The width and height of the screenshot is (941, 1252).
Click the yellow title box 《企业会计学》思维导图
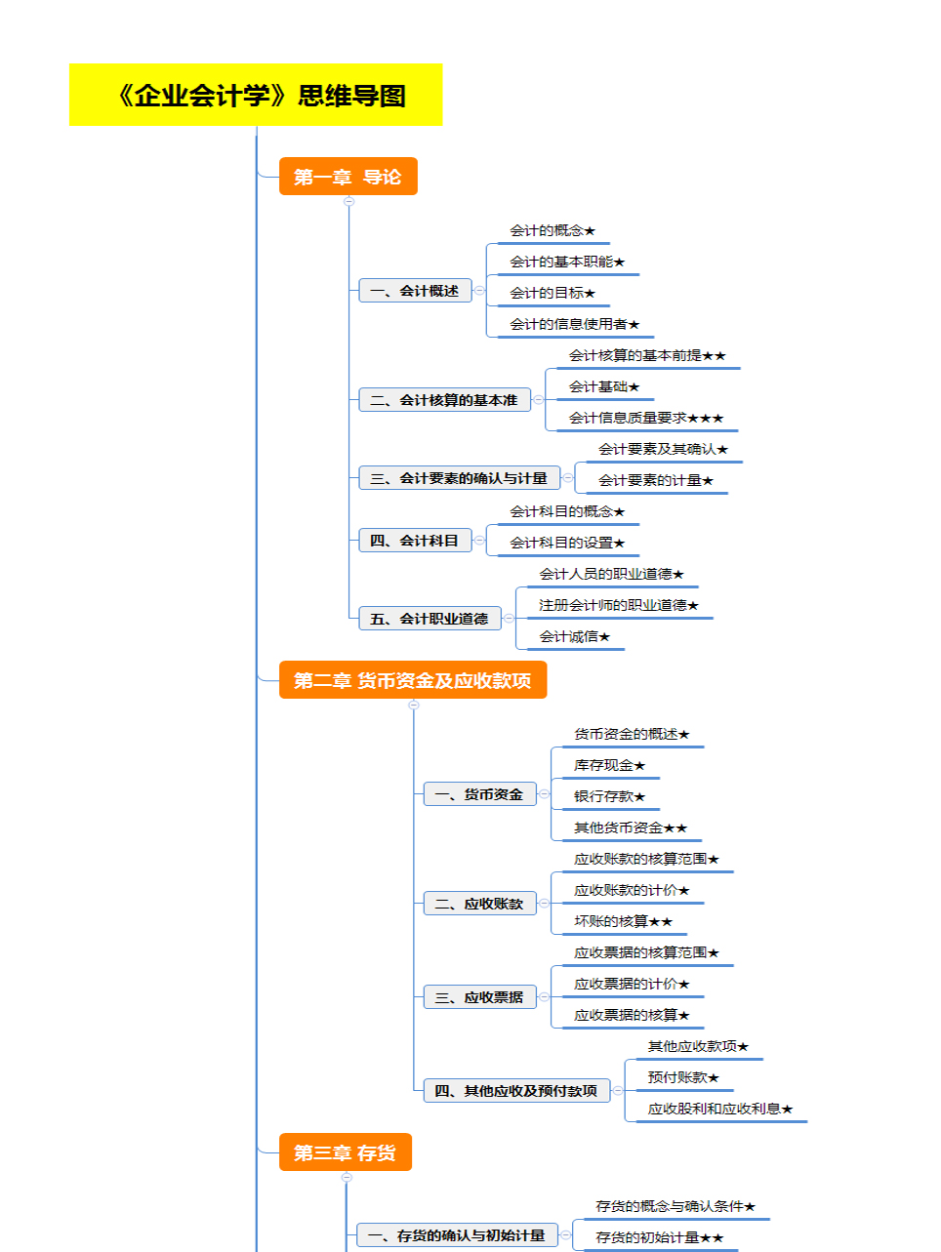click(256, 95)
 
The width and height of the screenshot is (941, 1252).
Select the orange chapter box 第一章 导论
click(348, 177)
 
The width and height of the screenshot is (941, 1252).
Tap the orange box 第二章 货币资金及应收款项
click(413, 680)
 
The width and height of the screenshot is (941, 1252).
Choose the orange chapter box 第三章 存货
click(345, 1152)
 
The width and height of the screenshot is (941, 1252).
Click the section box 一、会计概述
click(415, 291)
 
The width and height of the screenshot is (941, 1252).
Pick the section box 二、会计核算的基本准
click(445, 400)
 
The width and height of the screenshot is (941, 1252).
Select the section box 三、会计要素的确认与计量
click(460, 478)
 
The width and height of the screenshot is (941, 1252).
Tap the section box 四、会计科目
click(415, 541)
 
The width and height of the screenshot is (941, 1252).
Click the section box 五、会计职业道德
click(430, 619)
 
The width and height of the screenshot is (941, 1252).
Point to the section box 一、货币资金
click(480, 794)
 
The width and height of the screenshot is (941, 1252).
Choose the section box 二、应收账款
click(480, 904)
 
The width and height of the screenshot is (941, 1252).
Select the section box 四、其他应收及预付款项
click(516, 1091)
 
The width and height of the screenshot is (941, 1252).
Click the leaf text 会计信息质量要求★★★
click(646, 418)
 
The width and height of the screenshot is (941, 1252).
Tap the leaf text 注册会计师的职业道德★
click(619, 605)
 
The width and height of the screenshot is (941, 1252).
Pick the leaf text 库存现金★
click(610, 765)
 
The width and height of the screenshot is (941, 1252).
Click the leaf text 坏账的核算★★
click(624, 922)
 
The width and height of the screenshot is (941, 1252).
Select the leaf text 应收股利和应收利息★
click(720, 1109)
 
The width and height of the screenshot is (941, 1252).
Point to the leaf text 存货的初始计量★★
click(660, 1237)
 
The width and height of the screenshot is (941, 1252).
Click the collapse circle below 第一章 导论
click(349, 201)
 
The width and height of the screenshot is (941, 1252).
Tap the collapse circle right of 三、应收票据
click(544, 997)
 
